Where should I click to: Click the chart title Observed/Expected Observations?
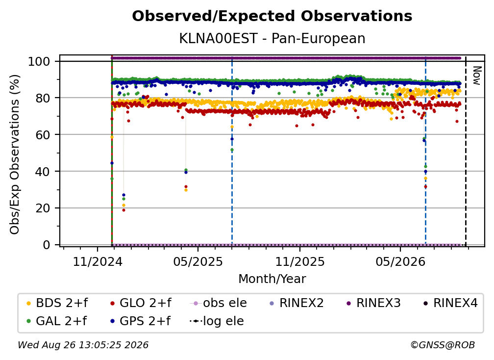pos(272,16)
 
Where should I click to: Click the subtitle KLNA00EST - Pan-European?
pos(272,38)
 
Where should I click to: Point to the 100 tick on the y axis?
pos(39,61)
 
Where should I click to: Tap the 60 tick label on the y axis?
pos(43,134)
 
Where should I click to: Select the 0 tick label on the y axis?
pos(47,245)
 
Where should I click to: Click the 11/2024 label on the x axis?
pos(98,261)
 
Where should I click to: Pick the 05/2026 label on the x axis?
pos(400,261)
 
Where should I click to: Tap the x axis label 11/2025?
pos(299,261)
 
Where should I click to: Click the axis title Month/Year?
pos(272,279)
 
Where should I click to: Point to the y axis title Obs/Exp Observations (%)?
pos(15,154)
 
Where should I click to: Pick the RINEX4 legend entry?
pos(450,303)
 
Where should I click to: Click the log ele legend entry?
pos(217,321)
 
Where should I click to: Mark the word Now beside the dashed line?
pos(477,76)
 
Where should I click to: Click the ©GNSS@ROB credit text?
pos(443,345)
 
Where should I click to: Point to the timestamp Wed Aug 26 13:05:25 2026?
pos(83,345)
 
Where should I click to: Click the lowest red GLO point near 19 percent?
pos(124,210)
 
